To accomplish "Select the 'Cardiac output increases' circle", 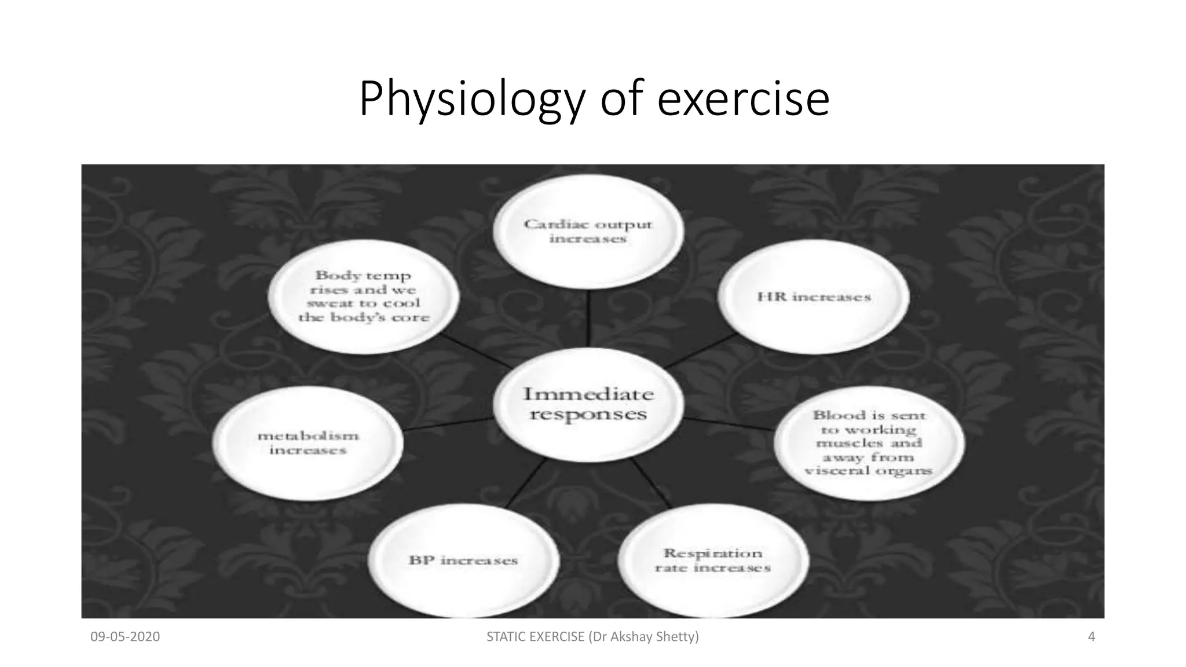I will (x=588, y=232).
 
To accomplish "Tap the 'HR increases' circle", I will (x=814, y=296).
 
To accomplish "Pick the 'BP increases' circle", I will (x=463, y=560).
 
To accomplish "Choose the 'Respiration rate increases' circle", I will (x=712, y=560).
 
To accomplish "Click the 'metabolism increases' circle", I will (x=308, y=443).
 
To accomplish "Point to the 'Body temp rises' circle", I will (x=364, y=296).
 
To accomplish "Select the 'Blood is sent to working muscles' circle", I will (x=869, y=443).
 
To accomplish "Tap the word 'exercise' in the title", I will (x=744, y=100).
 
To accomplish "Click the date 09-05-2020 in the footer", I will (x=125, y=637).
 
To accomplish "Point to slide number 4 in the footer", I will (x=1092, y=637).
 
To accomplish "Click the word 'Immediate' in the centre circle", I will (x=588, y=394).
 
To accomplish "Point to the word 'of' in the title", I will (x=622, y=100).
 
